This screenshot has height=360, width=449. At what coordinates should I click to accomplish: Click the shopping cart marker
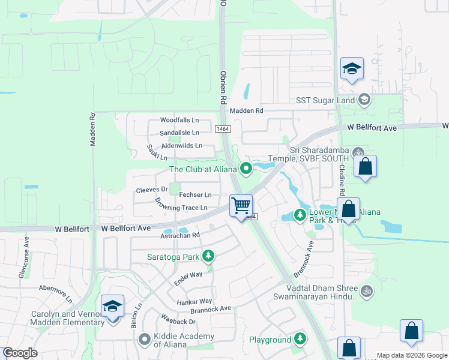coord(241,206)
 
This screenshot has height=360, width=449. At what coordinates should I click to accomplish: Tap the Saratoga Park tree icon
coord(208,257)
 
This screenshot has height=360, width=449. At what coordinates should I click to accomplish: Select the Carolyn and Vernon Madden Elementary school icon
coord(113,307)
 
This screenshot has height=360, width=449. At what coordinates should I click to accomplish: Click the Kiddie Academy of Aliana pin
coord(144,340)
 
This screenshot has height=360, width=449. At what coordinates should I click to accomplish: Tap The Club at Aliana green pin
coord(246,169)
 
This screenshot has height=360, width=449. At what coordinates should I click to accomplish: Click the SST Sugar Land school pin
coord(364,100)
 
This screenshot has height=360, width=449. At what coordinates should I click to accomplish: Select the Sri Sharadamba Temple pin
coord(358,152)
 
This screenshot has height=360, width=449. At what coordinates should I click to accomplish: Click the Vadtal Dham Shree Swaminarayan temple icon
coord(367,291)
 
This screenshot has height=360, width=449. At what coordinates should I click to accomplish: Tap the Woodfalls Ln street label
coord(179,120)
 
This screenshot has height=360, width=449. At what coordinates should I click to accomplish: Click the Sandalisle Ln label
coord(179,133)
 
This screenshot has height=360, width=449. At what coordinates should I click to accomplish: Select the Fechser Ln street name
coord(195,195)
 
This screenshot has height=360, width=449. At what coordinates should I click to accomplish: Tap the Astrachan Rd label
coord(179,236)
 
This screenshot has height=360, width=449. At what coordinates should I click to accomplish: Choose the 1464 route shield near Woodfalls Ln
coord(223,129)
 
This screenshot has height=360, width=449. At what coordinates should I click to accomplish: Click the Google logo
coord(20,353)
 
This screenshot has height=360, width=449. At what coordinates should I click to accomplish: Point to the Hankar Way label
coord(194,301)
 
